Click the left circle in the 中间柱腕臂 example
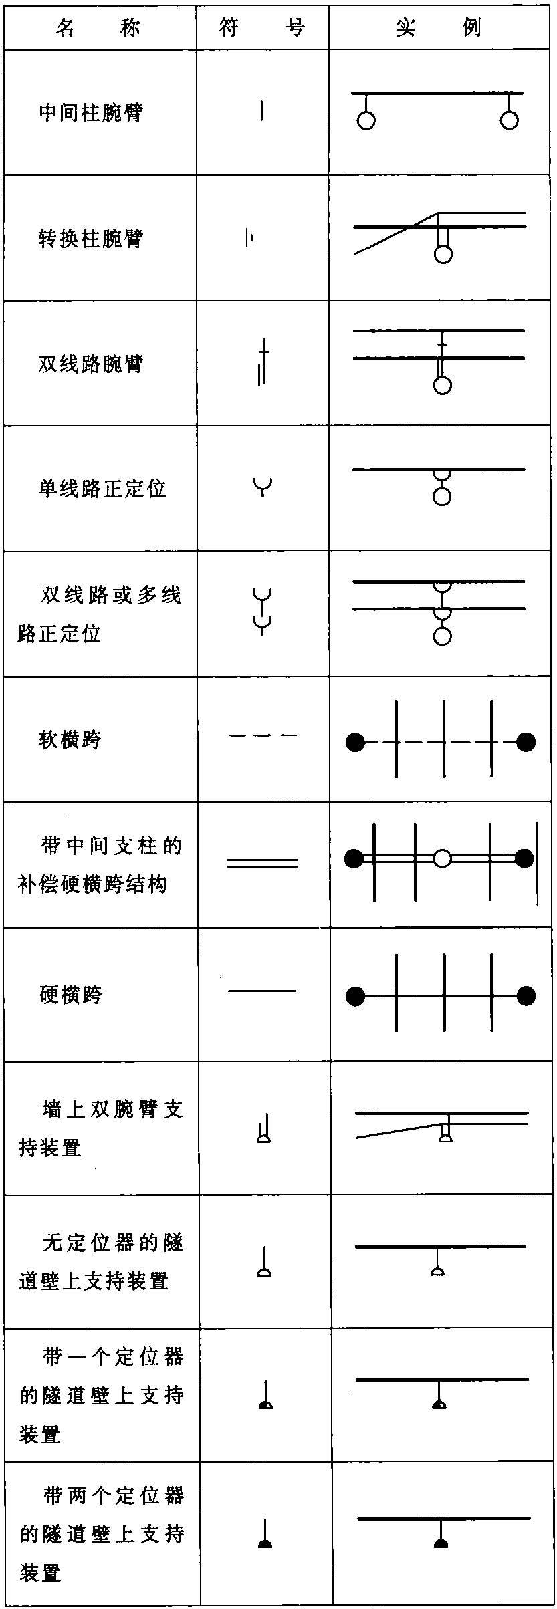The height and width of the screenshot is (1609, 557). point(366,120)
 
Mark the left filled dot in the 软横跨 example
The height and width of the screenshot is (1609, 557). point(356,742)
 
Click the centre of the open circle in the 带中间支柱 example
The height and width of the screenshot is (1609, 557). point(442,858)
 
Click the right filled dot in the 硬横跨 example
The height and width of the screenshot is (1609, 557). point(526,996)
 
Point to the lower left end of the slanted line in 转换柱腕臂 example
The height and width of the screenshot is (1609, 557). point(354,254)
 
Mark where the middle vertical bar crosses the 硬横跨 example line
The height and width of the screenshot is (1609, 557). point(445,996)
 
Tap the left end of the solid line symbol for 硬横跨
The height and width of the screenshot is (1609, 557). point(229,991)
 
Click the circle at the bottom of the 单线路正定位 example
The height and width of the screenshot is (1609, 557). point(442,496)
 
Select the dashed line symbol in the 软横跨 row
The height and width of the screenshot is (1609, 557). point(263,735)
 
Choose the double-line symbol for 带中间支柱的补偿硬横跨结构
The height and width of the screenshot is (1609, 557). point(263,863)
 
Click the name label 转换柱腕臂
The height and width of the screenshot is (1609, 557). point(91,238)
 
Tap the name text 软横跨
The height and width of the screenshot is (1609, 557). point(70,740)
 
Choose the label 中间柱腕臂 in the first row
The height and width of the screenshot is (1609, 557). point(91,112)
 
